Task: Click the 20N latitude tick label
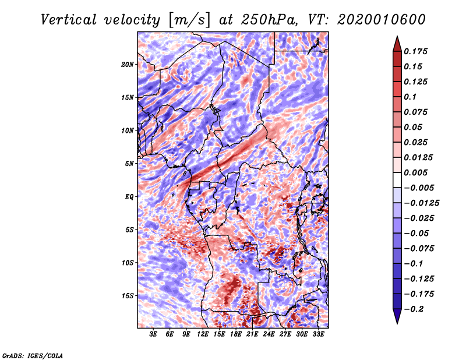point(128,64)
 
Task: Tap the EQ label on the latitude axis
point(129,197)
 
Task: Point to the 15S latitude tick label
point(128,296)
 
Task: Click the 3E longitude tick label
point(154,334)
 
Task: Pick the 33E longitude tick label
point(319,334)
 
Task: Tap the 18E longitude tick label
point(236,334)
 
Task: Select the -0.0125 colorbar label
point(422,203)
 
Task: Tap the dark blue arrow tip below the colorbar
point(396,320)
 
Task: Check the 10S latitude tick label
point(128,263)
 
